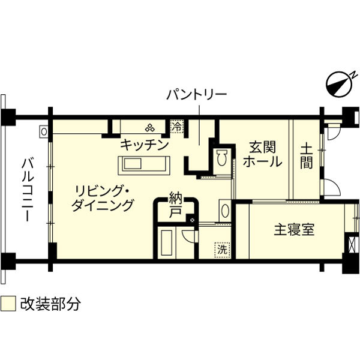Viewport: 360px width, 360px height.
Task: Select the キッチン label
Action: [143, 145]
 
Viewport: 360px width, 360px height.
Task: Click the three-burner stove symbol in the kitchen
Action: [149, 127]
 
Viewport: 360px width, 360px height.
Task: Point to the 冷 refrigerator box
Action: [177, 127]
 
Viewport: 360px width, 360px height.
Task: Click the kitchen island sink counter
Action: [145, 164]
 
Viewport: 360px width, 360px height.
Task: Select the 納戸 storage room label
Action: [175, 205]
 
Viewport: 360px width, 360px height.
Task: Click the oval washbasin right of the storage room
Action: [224, 211]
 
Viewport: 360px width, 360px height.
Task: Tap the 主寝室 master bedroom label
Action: [294, 230]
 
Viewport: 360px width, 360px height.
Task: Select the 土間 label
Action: [306, 155]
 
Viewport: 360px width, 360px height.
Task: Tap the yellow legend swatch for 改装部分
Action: [8, 303]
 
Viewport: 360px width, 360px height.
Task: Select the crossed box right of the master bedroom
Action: [352, 245]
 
